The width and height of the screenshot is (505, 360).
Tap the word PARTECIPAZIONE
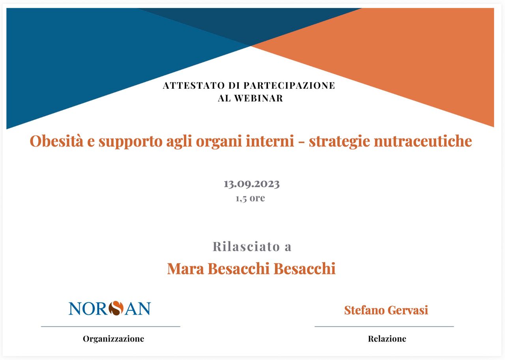point(289,86)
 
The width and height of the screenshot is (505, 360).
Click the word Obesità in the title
point(56,141)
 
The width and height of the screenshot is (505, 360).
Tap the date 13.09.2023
point(252,184)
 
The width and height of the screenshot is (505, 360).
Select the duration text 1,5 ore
point(251,198)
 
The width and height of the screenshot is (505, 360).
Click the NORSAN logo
point(110,308)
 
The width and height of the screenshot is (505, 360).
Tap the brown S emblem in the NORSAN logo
point(116,308)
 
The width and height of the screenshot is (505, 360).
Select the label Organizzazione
point(113,339)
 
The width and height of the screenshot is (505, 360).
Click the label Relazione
point(387,339)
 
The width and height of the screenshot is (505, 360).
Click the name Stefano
point(364,310)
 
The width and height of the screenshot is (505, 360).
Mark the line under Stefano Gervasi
point(384,326)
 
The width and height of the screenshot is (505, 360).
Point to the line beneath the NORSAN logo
point(110,326)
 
